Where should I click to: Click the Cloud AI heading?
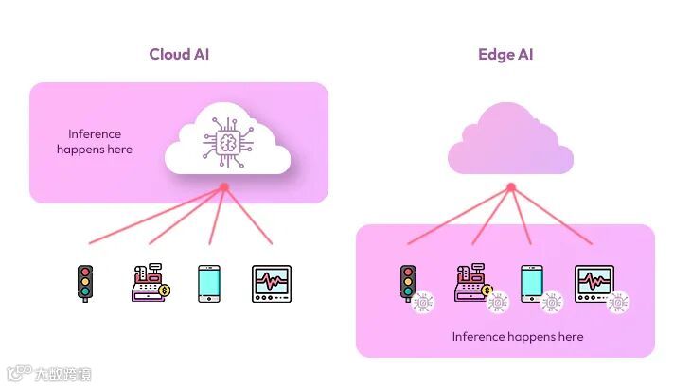tap(178, 54)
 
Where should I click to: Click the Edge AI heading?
tap(505, 54)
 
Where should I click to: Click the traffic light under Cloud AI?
tap(85, 283)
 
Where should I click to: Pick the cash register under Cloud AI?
tap(149, 282)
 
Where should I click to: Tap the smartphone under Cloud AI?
tap(209, 283)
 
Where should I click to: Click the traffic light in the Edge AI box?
tap(408, 282)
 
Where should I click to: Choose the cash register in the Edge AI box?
tap(470, 282)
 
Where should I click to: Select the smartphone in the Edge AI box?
tap(531, 282)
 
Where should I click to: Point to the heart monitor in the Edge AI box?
tap(594, 282)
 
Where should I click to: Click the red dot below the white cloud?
tap(224, 187)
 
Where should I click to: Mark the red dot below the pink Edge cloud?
tap(510, 187)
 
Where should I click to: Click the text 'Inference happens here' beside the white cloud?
tap(95, 142)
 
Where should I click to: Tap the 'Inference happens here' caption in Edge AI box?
tap(517, 337)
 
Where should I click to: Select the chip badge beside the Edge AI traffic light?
tap(424, 302)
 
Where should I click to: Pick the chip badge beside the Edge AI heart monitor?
tap(618, 302)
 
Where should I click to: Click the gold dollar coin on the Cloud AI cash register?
tap(164, 291)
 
